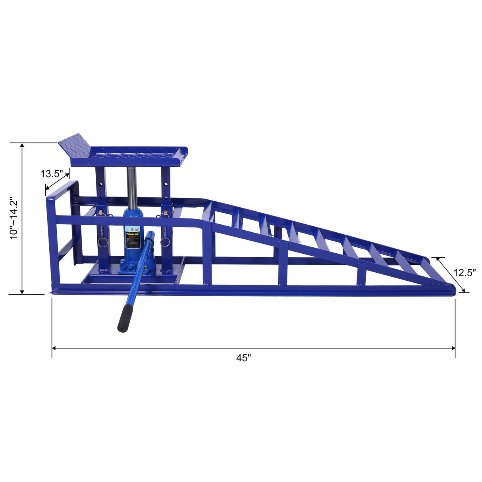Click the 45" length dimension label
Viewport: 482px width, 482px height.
click(x=244, y=358)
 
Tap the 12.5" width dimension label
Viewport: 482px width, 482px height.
click(x=465, y=273)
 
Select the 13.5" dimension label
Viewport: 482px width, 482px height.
click(x=52, y=174)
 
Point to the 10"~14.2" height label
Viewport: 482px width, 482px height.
click(x=14, y=218)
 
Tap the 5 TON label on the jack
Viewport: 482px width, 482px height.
click(x=133, y=229)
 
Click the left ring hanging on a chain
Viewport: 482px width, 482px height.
click(x=102, y=242)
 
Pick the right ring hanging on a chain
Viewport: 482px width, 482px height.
click(x=165, y=242)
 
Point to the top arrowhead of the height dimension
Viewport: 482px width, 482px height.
click(x=23, y=146)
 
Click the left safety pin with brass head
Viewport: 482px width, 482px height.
click(x=102, y=213)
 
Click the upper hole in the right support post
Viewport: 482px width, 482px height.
click(x=166, y=184)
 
